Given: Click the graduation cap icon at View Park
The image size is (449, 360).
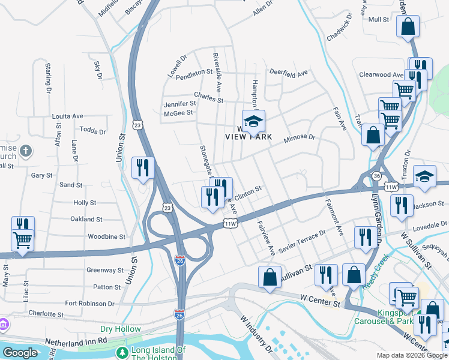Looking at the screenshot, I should [253, 121].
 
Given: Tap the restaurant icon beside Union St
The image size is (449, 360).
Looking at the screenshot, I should [143, 168].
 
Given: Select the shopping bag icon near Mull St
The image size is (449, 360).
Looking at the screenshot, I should [408, 27].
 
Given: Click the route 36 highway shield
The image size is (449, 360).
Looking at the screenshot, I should [376, 175].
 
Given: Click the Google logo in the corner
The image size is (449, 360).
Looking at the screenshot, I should [19, 353].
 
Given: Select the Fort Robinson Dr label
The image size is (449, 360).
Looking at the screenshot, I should [89, 304].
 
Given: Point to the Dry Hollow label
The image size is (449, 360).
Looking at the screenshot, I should [116, 329].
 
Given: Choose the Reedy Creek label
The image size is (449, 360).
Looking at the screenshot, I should [376, 271].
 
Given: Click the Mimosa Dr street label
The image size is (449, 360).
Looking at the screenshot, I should [299, 137].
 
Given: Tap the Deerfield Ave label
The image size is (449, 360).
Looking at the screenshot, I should [288, 72].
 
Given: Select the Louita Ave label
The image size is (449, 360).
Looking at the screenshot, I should [67, 116].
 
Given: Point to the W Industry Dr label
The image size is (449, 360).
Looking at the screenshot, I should [257, 333].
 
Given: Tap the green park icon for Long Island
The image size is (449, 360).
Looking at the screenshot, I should [122, 352].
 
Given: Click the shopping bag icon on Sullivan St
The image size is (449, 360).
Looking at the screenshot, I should [270, 277].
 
